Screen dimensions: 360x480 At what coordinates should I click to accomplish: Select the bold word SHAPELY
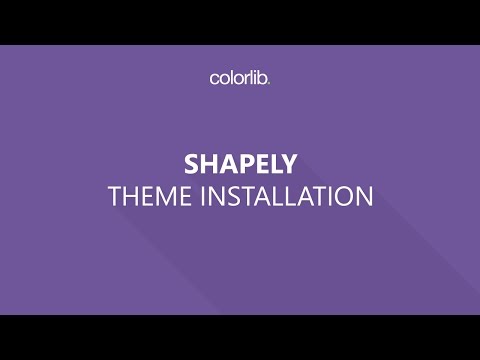240,163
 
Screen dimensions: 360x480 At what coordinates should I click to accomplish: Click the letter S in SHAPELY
192,163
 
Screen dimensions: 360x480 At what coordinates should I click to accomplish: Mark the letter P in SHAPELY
240,163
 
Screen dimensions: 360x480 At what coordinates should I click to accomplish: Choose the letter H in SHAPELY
207,163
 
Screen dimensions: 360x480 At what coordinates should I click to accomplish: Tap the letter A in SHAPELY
224,163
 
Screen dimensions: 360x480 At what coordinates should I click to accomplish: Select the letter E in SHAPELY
256,163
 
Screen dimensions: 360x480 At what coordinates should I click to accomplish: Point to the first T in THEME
113,196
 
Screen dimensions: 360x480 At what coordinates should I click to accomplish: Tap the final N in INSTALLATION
363,196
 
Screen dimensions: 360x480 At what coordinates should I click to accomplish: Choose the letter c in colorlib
214,78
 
